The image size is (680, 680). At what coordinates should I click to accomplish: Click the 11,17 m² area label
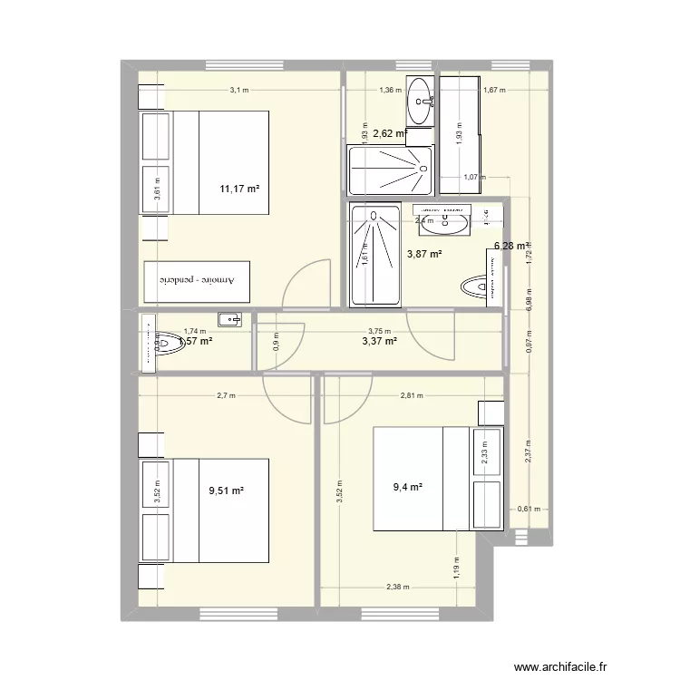(239, 189)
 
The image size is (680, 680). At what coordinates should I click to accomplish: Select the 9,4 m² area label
(407, 487)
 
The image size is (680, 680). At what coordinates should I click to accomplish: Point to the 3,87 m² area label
(423, 254)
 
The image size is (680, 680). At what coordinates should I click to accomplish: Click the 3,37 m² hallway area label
(379, 341)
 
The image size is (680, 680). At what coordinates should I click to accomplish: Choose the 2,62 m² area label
(390, 133)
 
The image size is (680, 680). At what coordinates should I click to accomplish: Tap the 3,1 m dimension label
(239, 90)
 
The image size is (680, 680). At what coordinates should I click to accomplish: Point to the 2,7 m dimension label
(226, 395)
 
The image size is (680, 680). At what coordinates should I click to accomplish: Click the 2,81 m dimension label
(413, 395)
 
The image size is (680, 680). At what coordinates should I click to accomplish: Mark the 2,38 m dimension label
(397, 587)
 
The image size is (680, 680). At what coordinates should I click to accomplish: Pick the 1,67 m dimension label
(494, 90)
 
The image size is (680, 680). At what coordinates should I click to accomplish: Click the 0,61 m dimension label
(526, 510)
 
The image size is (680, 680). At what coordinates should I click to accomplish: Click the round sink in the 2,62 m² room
(421, 100)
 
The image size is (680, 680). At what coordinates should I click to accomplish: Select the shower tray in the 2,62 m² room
(389, 170)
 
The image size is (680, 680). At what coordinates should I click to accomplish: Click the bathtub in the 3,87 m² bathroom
(373, 254)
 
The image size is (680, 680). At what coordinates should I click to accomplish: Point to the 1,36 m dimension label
(389, 90)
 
